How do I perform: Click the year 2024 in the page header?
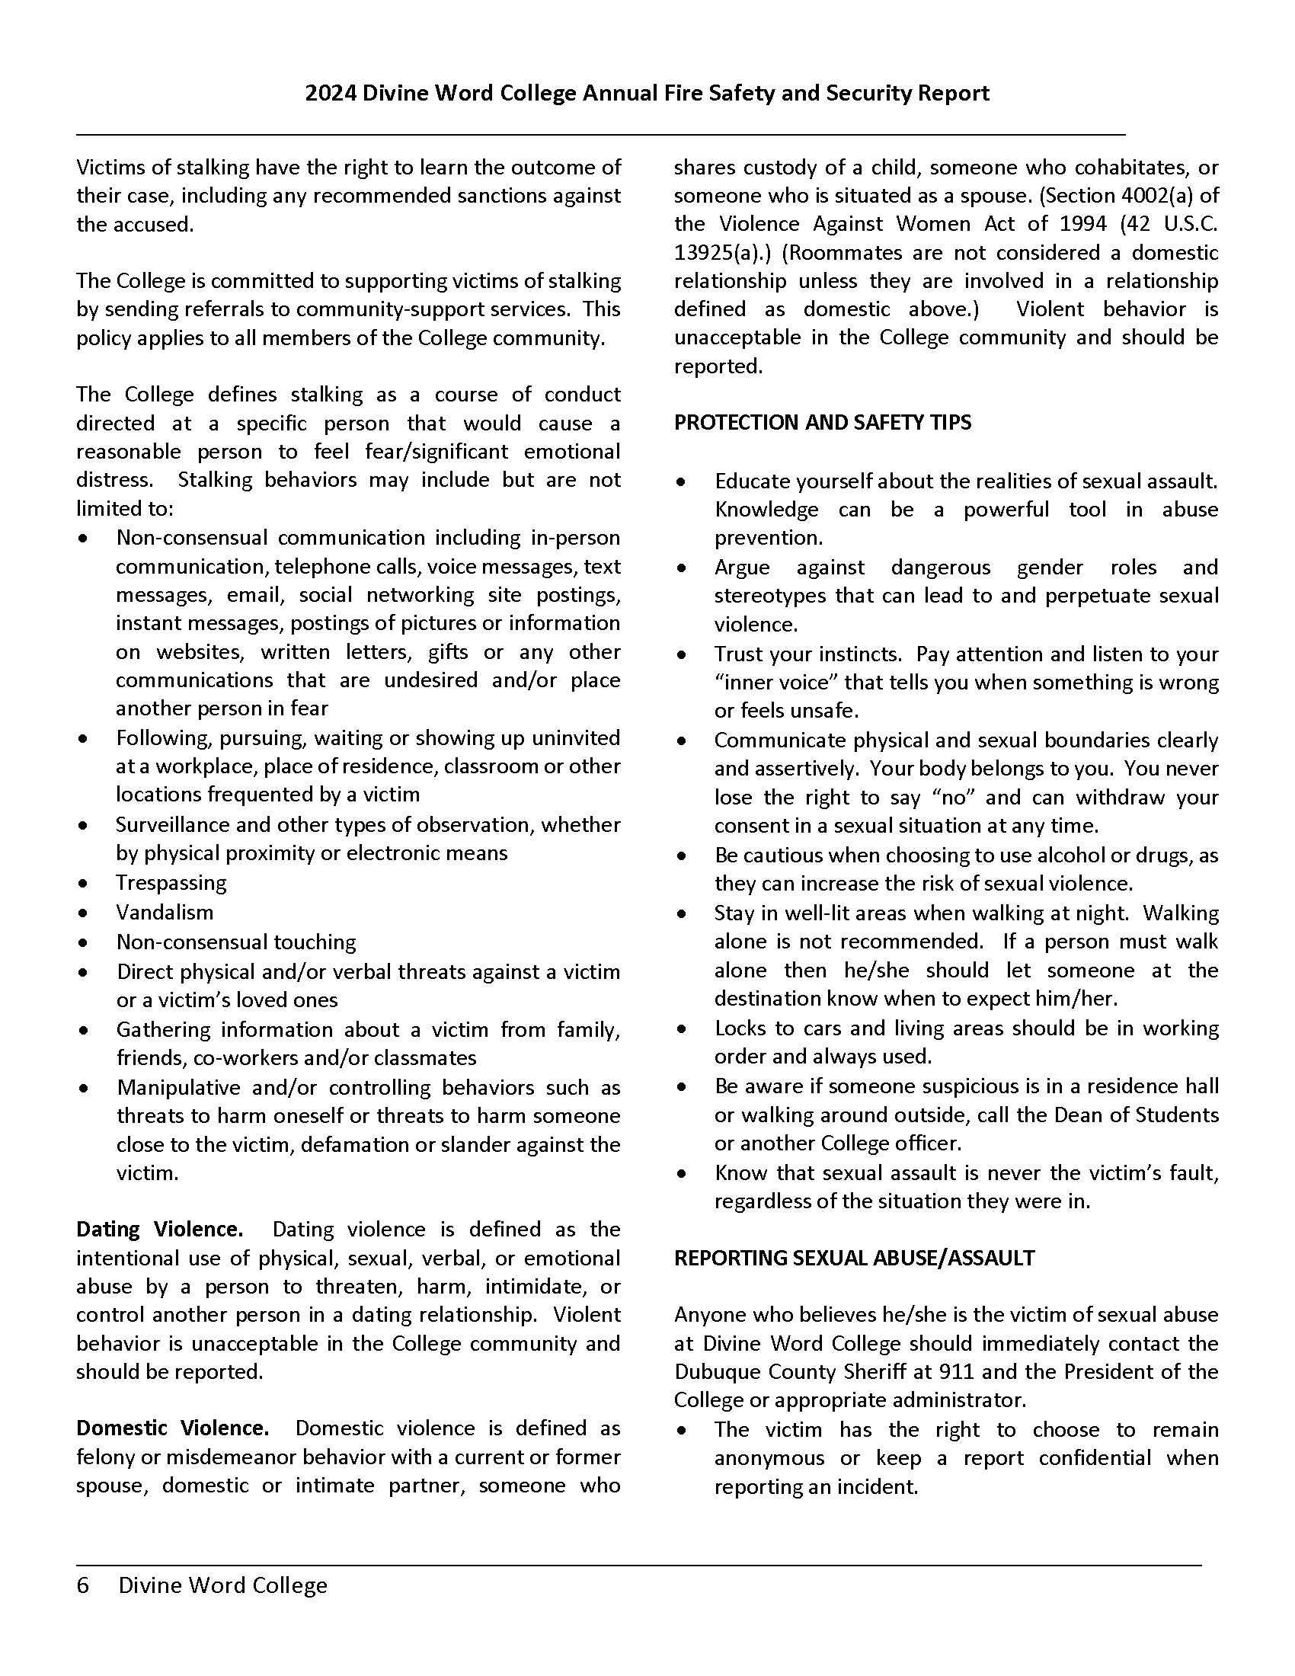click(330, 94)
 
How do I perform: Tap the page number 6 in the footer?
click(83, 1585)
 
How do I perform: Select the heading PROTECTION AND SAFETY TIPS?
click(823, 423)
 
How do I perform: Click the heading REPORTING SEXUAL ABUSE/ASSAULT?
click(854, 1258)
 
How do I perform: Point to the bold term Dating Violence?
click(159, 1230)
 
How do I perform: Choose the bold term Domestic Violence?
click(173, 1428)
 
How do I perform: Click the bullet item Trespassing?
click(171, 882)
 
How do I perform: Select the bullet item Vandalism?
click(165, 913)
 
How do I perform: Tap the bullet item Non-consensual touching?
click(236, 942)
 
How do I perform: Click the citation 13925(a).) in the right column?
click(724, 252)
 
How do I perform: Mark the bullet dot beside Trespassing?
click(84, 884)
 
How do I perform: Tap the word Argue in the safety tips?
click(742, 568)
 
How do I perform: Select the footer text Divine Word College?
click(222, 1585)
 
